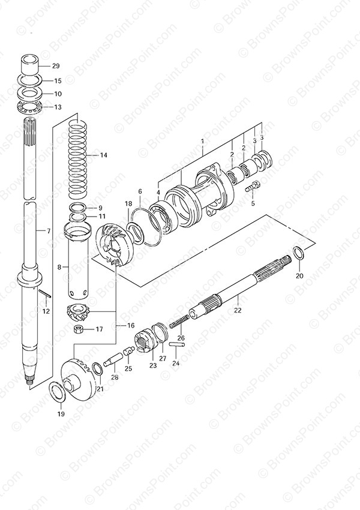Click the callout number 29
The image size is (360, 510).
click(56, 66)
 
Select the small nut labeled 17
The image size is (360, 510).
click(79, 329)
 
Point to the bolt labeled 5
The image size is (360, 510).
click(252, 187)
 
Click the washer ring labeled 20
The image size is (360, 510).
click(299, 253)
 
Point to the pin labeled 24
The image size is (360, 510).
click(177, 344)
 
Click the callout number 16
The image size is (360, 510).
click(121, 325)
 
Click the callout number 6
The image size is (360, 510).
click(140, 191)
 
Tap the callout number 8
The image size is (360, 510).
click(59, 268)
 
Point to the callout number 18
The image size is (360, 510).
click(128, 203)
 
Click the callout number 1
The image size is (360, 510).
click(202, 142)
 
